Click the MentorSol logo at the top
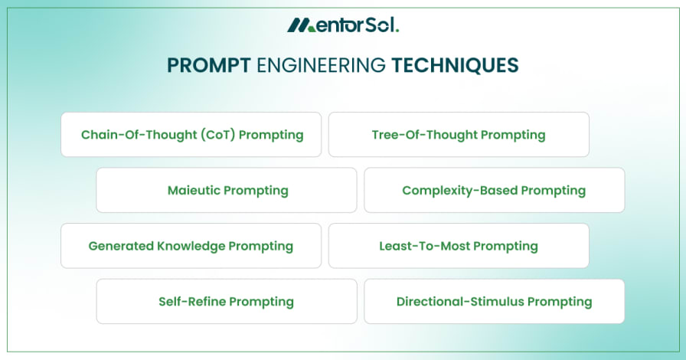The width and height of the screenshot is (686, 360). click(343, 25)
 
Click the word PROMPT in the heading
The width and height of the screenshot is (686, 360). click(209, 66)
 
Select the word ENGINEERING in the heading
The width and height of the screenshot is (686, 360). click(321, 66)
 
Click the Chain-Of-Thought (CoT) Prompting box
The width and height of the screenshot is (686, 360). click(191, 135)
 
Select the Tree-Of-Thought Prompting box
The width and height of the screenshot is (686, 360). click(459, 135)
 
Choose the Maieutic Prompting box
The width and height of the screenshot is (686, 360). click(227, 190)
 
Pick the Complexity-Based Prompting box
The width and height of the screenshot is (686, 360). click(494, 190)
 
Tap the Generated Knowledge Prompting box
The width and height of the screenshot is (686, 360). click(191, 246)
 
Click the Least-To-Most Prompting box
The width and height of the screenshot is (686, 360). click(459, 246)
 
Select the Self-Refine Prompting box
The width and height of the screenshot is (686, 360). click(227, 301)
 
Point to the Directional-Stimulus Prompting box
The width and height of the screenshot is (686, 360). click(494, 301)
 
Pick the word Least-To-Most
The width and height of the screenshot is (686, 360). click(424, 246)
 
